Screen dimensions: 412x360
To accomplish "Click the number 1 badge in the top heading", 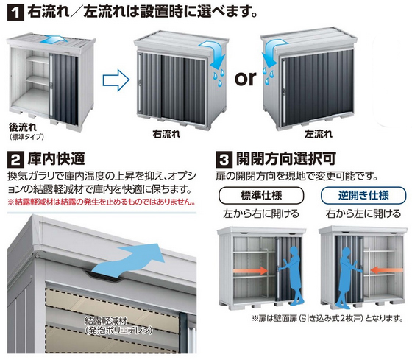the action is coord(15,13).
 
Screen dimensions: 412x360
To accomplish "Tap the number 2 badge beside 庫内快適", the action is coord(15,160).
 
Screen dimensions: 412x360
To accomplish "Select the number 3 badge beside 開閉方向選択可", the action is coord(224,160).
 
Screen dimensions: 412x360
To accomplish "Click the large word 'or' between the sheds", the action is coord(245,78).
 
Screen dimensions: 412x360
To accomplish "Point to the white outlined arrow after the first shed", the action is coord(116,80).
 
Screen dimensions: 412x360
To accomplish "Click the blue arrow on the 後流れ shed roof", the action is coord(53,40).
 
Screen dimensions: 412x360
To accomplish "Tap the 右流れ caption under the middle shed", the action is coord(166,135).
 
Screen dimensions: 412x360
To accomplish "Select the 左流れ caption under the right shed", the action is coord(319,135).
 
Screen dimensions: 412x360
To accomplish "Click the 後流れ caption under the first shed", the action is coord(23,127).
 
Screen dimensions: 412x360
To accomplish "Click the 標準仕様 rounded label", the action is coord(261,196).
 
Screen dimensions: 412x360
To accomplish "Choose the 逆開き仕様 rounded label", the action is coord(363,196).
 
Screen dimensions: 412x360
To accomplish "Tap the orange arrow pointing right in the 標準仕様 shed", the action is coord(251,271).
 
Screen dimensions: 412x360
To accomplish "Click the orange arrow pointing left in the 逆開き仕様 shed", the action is coord(387,270).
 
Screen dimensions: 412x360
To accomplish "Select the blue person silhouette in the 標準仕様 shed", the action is coord(291,276).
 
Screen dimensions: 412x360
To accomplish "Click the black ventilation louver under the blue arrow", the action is coord(104,276).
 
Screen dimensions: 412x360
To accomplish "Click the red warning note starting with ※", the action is coord(102,202).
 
